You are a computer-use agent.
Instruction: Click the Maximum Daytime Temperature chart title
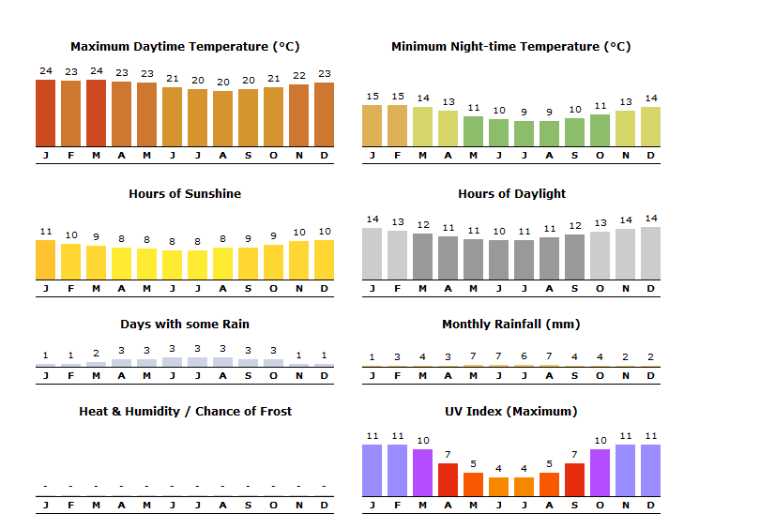(185, 47)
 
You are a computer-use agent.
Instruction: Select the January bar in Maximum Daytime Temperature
(45, 113)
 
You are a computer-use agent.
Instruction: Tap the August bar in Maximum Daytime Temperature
(222, 118)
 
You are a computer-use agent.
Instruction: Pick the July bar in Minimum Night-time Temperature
(524, 133)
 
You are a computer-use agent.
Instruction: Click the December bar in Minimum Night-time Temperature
(650, 127)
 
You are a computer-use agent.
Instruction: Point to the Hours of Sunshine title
(185, 194)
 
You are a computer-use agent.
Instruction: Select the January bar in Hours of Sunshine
(45, 260)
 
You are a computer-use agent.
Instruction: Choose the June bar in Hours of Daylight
(498, 260)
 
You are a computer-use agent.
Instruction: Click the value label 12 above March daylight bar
(422, 225)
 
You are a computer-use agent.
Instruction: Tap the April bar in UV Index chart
(448, 479)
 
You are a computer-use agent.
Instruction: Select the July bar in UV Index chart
(524, 487)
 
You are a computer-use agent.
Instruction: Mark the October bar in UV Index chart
(600, 473)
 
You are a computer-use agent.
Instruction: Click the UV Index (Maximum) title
(511, 412)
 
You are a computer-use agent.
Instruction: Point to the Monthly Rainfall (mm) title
(511, 325)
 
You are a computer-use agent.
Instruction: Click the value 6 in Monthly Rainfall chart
(524, 356)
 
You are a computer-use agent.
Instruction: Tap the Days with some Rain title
(185, 325)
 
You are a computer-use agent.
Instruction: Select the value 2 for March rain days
(96, 354)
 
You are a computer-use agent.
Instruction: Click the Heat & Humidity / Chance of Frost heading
(185, 412)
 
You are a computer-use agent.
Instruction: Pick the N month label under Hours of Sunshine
(298, 288)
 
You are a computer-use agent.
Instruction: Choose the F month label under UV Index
(397, 505)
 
